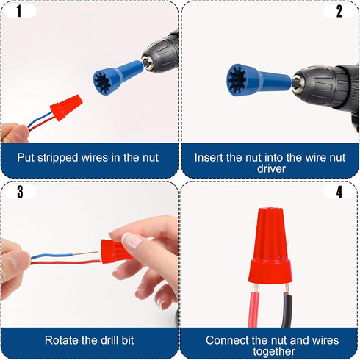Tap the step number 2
tap(339, 11)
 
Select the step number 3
tap(20, 192)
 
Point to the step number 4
tap(339, 192)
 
